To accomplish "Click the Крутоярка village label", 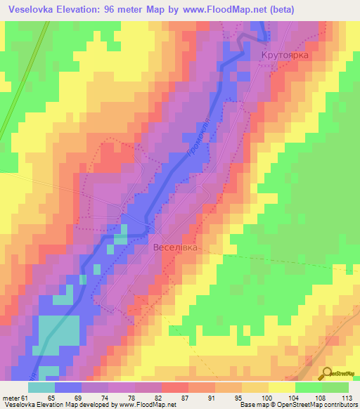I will [285, 54].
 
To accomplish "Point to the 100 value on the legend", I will [266, 398].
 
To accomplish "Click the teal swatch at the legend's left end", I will [41, 387].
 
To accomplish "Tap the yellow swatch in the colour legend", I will [281, 387].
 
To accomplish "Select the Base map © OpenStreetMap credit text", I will [275, 405].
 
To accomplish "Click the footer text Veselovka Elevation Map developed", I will [56, 405].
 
